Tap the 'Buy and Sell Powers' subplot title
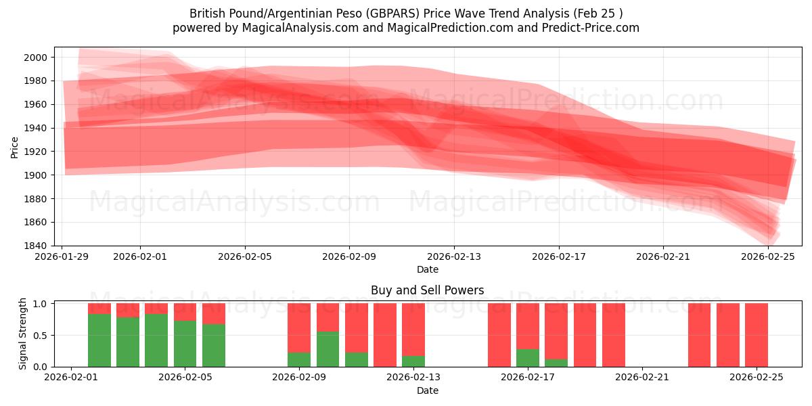tap(427, 290)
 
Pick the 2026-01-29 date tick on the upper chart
tap(62, 256)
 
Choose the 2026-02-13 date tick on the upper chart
tap(454, 256)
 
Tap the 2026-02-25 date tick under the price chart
tap(768, 256)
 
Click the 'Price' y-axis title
tap(15, 146)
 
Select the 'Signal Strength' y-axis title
tap(23, 334)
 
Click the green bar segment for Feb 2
tap(99, 340)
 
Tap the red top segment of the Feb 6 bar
tap(214, 313)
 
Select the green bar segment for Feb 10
tap(328, 349)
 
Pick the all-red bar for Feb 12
tap(385, 335)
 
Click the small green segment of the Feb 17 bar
tap(528, 358)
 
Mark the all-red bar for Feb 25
tap(757, 335)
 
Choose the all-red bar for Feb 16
tap(499, 335)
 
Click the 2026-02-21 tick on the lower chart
tap(642, 378)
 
